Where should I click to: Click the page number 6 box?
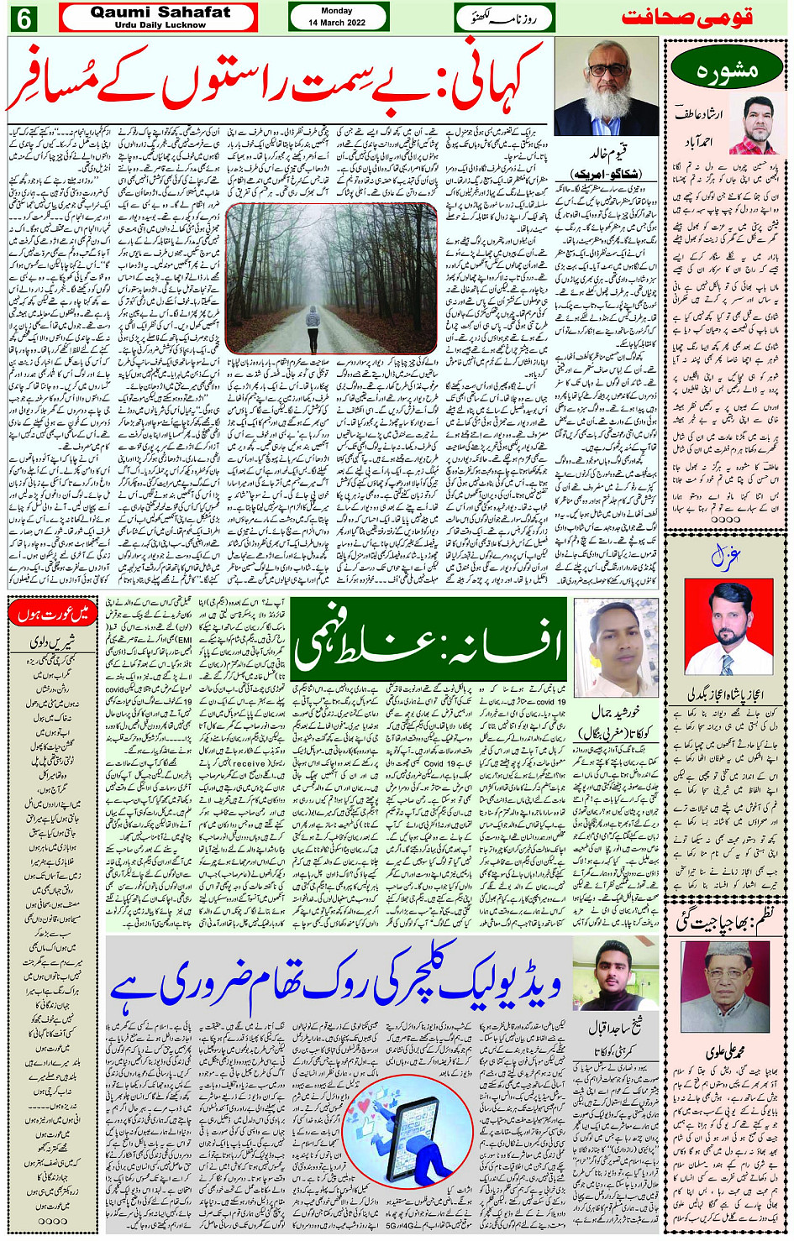23,18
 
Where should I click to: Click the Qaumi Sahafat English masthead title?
160,12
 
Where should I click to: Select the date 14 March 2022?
337,23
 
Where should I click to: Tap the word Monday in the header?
337,11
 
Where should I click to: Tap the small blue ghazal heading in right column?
724,557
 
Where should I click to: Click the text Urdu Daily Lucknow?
160,25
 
